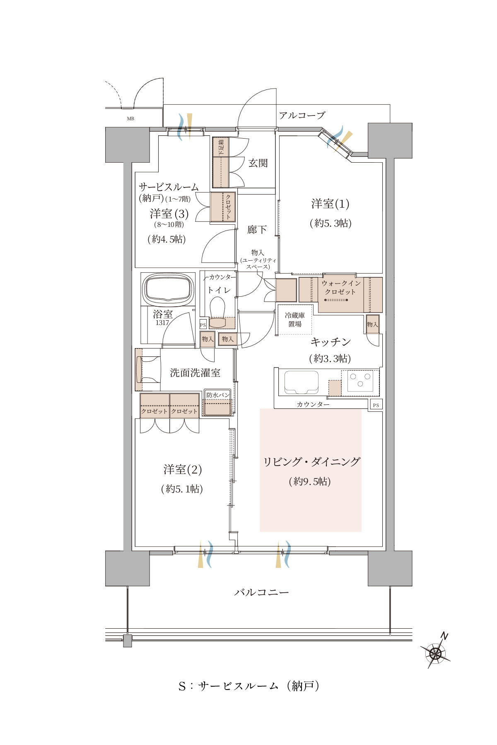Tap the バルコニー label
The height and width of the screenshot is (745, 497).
coord(262,592)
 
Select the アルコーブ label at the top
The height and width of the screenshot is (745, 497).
coord(302,115)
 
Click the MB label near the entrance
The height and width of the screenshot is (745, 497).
coord(130,119)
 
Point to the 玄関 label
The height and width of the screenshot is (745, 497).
coord(258,163)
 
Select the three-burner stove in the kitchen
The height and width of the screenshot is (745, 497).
coord(360,381)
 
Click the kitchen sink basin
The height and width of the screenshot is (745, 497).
coord(301,383)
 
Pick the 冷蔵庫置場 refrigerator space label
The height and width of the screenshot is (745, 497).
coord(295,320)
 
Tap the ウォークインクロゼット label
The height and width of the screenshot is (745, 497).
coord(341,288)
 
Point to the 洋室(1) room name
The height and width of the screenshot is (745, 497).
coord(330,204)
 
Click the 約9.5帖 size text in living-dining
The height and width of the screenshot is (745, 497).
coord(310,481)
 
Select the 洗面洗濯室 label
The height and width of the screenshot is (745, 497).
coord(195,373)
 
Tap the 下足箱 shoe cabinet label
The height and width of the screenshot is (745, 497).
coord(221,147)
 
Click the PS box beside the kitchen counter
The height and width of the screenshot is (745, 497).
coord(376,405)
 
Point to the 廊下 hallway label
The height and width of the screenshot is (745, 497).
coord(257,230)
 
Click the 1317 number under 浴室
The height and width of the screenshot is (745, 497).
coord(162,323)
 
